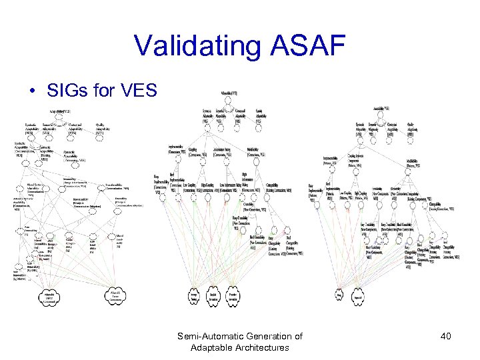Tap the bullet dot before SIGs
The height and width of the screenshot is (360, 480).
tap(32, 90)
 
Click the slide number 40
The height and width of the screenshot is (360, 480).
tap(445, 336)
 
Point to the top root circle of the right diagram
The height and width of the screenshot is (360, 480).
tap(380, 113)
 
